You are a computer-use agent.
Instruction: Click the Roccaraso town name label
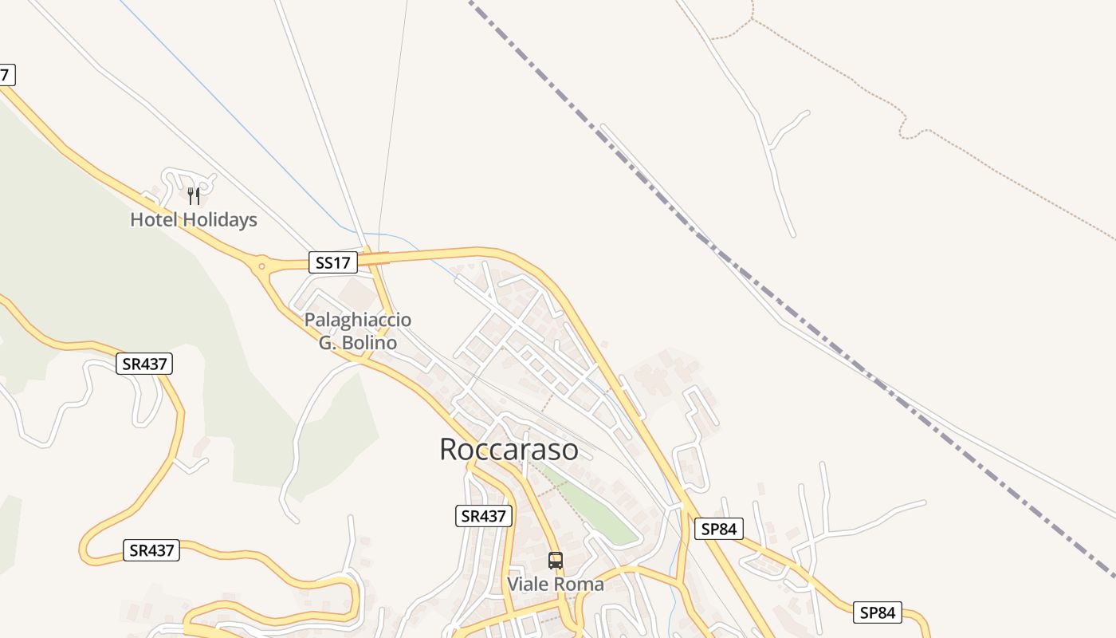pos(509,449)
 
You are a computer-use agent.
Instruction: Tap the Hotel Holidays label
pos(194,219)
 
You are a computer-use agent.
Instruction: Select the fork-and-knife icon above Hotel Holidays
pos(194,196)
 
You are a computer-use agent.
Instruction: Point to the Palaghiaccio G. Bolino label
pos(358,331)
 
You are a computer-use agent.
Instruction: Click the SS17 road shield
pos(333,262)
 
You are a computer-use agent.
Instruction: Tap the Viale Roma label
pos(556,584)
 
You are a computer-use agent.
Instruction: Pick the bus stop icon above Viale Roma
pos(556,561)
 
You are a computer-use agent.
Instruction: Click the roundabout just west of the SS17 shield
pos(261,265)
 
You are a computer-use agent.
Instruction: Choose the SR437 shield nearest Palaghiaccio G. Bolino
pos(144,364)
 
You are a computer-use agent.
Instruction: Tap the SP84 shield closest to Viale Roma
pos(719,529)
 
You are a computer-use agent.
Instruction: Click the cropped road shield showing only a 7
pos(6,76)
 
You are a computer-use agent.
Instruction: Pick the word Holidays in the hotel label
pos(218,219)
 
